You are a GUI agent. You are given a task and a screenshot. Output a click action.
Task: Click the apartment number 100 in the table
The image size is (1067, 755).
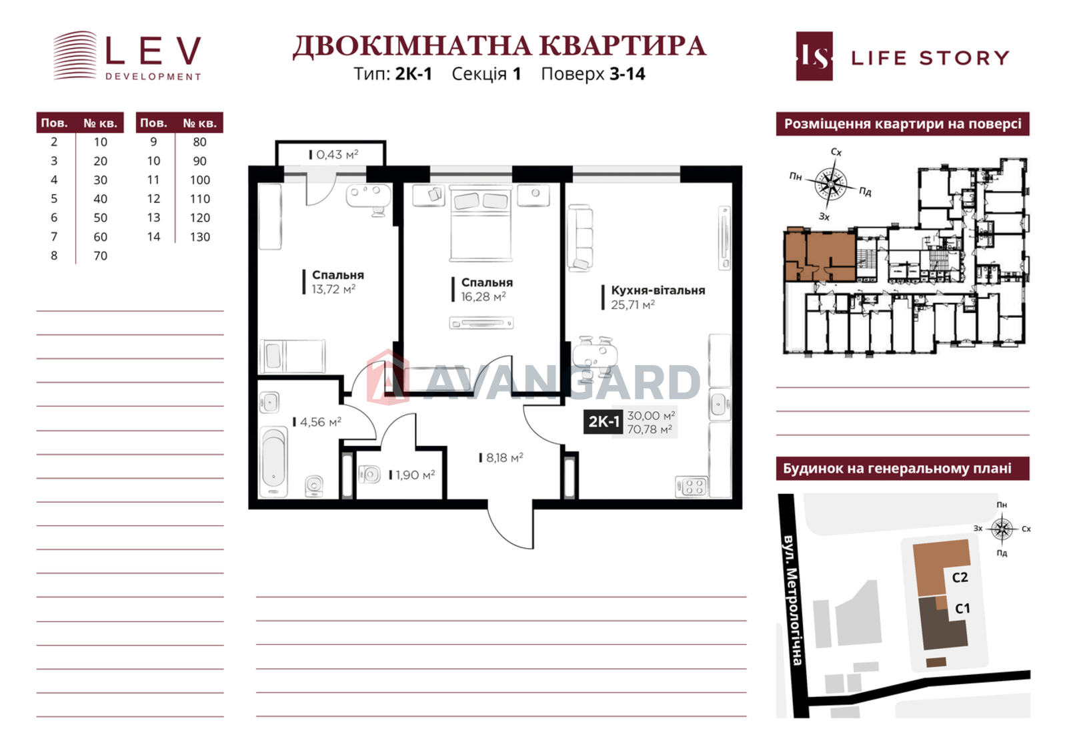(x=199, y=180)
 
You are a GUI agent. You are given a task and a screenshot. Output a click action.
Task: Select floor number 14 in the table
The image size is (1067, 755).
(x=153, y=237)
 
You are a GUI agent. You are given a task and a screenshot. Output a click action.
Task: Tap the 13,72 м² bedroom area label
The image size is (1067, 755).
(x=333, y=290)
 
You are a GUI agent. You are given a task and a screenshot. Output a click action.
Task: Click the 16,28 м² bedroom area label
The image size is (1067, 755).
(x=483, y=297)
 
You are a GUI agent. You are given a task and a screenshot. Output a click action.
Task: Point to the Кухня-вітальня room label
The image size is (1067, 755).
(x=658, y=290)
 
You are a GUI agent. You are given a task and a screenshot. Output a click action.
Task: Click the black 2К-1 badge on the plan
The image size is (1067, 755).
(x=604, y=422)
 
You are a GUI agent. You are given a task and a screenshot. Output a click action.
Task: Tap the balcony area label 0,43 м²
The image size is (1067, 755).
(x=337, y=155)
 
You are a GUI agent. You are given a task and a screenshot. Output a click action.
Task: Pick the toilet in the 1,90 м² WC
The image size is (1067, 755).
(x=369, y=475)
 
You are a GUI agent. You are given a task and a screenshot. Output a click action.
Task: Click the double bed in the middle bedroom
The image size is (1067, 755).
(x=481, y=224)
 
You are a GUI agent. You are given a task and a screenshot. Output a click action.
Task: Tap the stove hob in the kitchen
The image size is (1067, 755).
(x=692, y=486)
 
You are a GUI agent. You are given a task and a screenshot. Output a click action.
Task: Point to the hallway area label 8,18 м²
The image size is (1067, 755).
(x=503, y=458)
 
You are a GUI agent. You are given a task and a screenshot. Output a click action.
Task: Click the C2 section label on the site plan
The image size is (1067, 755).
(x=960, y=577)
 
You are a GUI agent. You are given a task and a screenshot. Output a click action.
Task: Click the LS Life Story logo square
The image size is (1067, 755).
(x=814, y=57)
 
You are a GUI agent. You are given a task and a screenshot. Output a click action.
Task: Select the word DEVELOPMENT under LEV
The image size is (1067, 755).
(x=153, y=77)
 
